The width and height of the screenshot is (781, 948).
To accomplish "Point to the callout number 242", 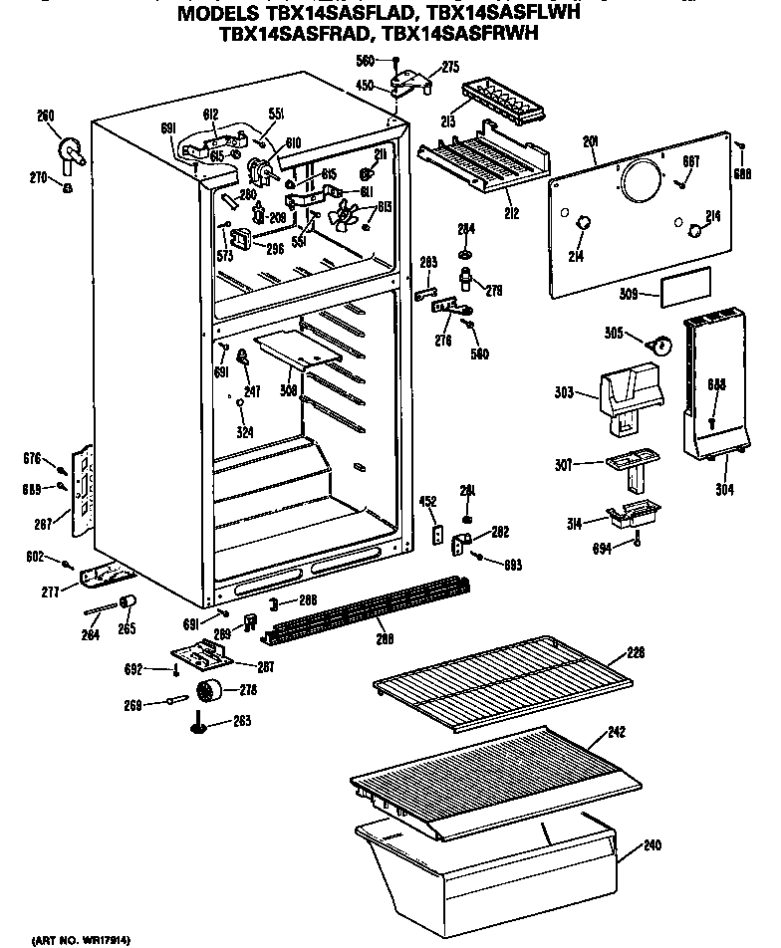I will click(x=617, y=733).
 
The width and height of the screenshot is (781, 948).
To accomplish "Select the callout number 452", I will click(x=428, y=502).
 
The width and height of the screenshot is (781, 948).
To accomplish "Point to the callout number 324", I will click(x=244, y=432).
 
